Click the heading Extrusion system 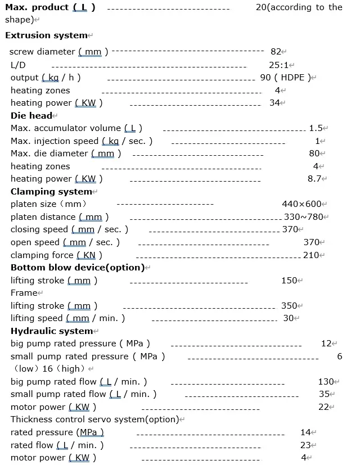(46, 35)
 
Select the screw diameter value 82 (276, 52)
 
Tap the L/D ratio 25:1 (278, 65)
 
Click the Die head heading (31, 115)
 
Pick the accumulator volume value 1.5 (316, 128)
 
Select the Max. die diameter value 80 (314, 154)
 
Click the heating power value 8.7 (314, 179)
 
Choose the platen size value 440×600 (301, 204)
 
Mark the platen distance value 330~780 (304, 217)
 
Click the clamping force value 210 (311, 255)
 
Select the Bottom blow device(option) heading (77, 268)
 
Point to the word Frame (24, 293)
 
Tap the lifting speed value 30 (289, 318)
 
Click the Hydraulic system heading (52, 331)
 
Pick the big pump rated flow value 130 (326, 382)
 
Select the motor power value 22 (323, 407)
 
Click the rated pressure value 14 (305, 432)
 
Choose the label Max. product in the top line (37, 7)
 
